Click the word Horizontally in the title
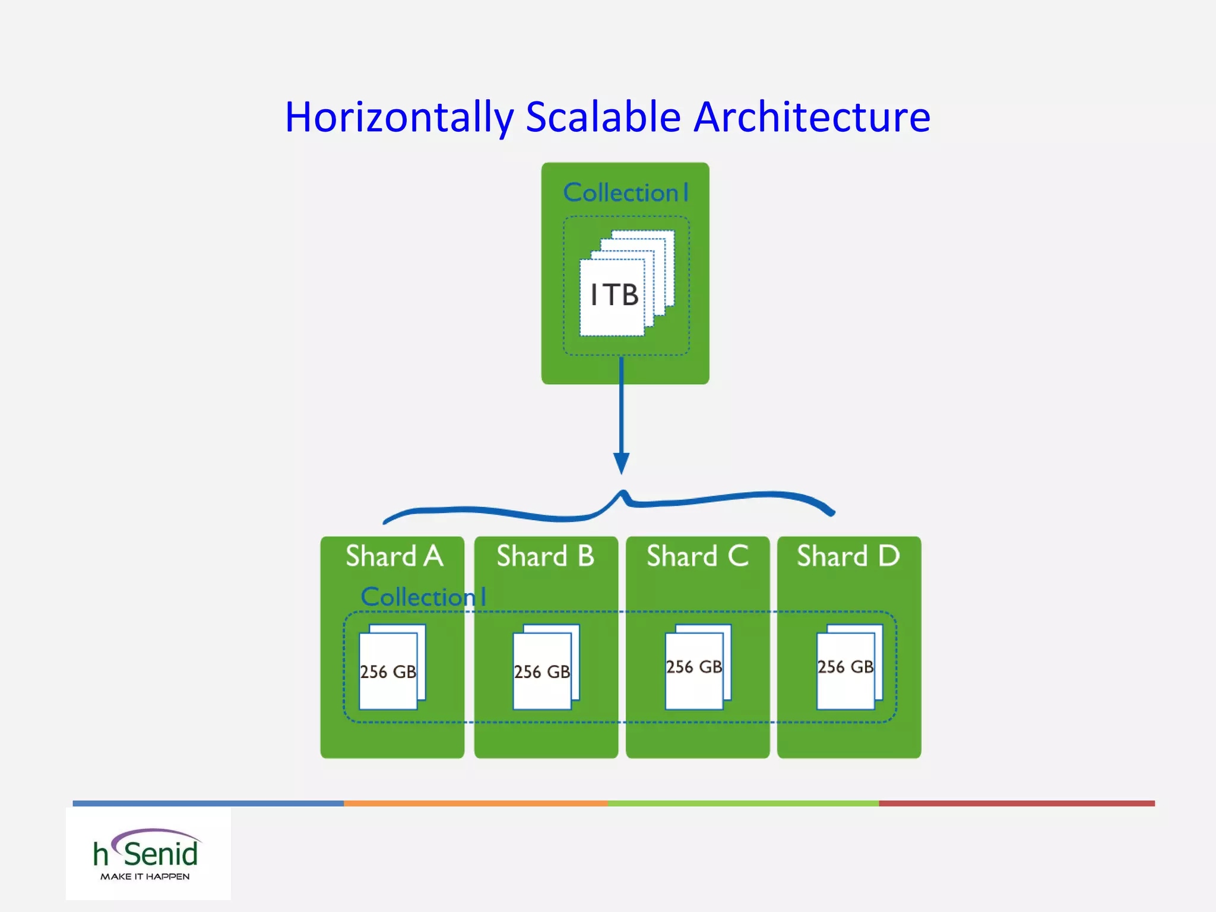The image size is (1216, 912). tap(399, 117)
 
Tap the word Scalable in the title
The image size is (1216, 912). tap(603, 117)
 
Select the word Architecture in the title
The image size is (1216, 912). tap(812, 117)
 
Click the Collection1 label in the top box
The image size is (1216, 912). tap(626, 193)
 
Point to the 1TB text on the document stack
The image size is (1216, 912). tap(614, 295)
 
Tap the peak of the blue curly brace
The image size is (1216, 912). tap(623, 493)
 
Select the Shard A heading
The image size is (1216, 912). tap(394, 556)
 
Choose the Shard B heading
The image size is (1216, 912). tap(545, 556)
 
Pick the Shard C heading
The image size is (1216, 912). tap(697, 556)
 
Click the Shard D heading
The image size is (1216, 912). tap(848, 556)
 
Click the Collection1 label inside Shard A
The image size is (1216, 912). tap(423, 597)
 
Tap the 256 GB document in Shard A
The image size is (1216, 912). tap(389, 671)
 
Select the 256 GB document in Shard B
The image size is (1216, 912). tap(543, 671)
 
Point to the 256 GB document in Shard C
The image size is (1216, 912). tap(695, 667)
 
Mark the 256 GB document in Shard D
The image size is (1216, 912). tap(846, 667)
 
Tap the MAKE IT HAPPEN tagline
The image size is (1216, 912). tap(145, 877)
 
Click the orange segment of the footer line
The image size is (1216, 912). tap(475, 803)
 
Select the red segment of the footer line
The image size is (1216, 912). tap(1016, 803)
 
